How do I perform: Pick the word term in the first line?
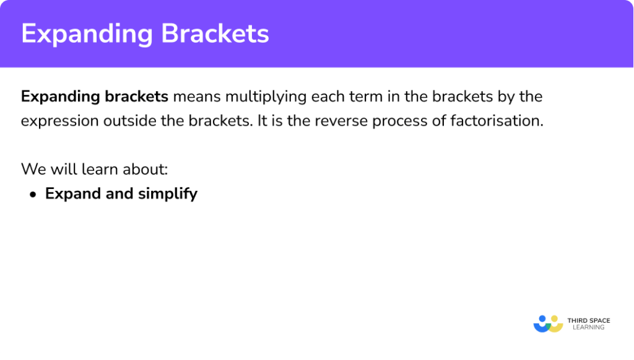coord(360,97)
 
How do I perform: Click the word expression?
coord(58,121)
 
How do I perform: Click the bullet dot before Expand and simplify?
coord(33,194)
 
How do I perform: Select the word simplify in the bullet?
coord(168,194)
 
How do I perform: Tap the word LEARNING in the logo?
coord(588,327)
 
